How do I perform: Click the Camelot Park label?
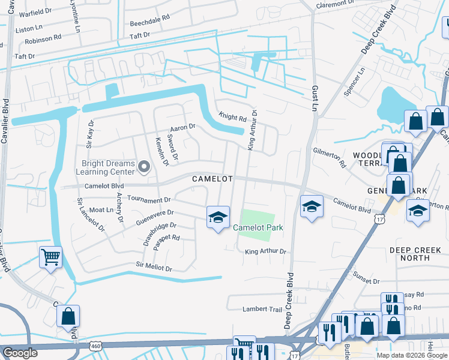click(258, 228)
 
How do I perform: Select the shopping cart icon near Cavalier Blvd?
click(51, 258)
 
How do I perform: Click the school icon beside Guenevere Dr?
click(218, 217)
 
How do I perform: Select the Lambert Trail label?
click(262, 309)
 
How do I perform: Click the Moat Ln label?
click(101, 210)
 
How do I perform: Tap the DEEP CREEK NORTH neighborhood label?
click(418, 253)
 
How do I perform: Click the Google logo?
click(20, 353)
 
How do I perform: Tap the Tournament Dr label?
click(149, 200)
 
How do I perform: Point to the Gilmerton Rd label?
click(330, 157)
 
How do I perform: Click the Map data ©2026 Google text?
click(411, 355)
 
